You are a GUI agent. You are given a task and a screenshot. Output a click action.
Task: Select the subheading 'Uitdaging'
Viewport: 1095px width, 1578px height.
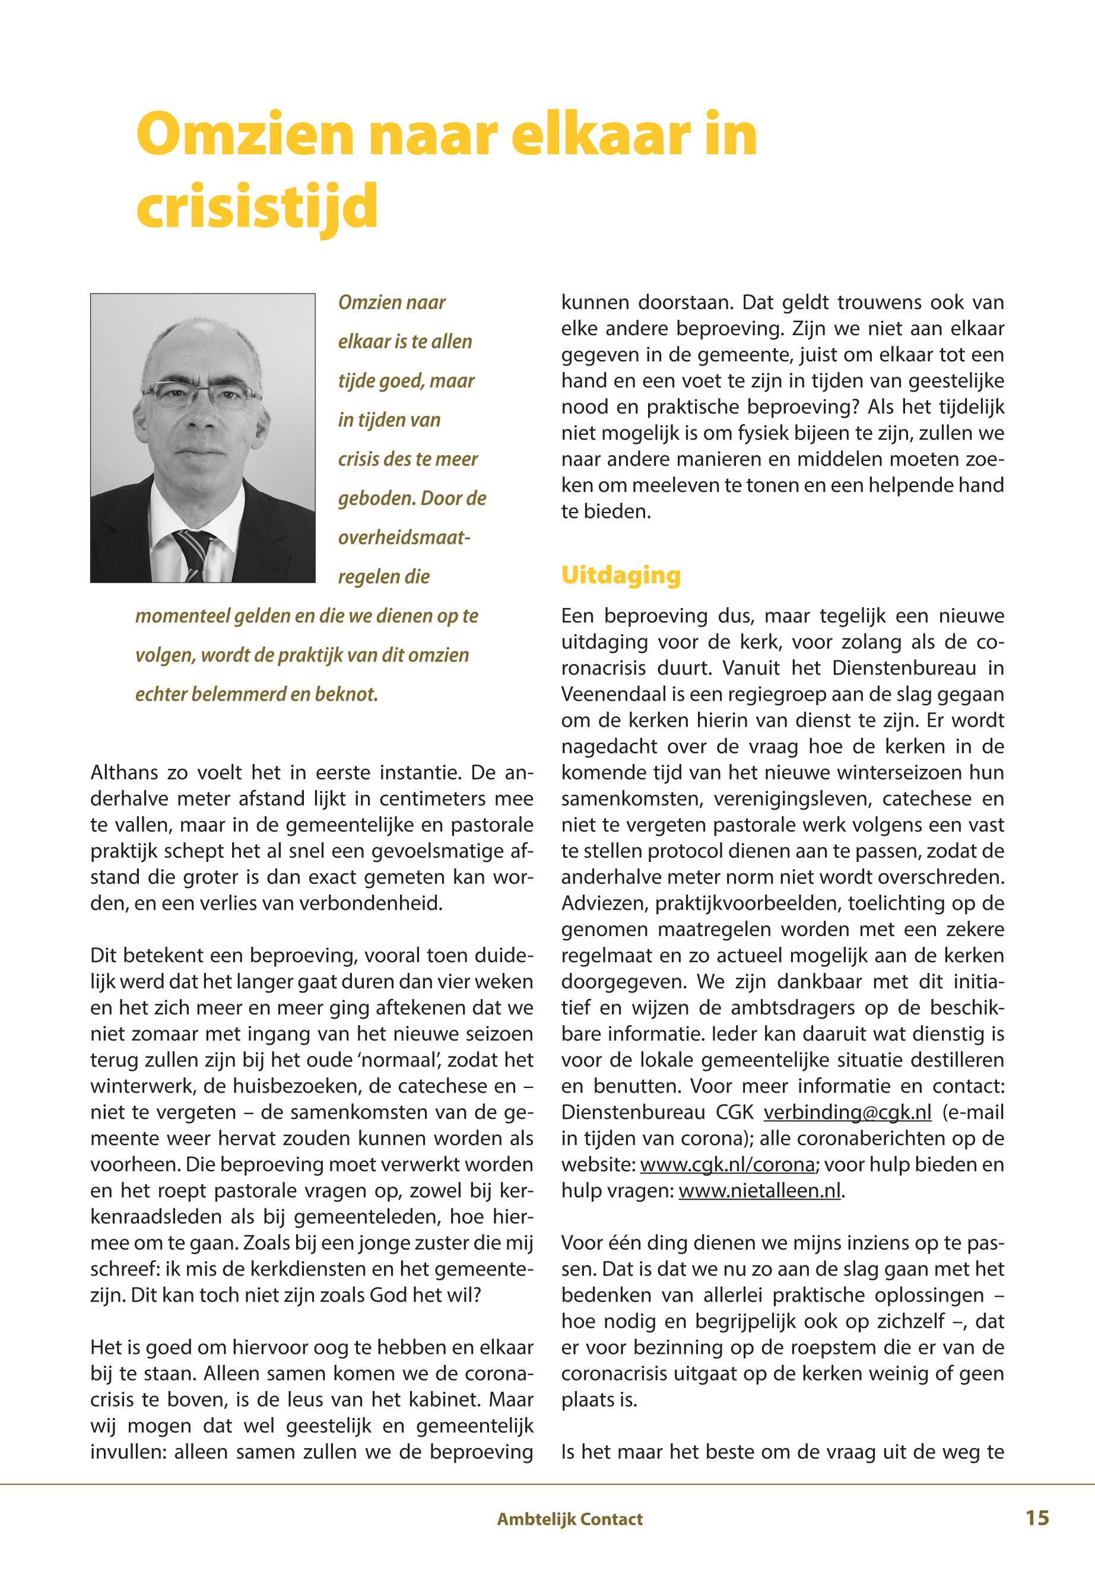click(x=620, y=575)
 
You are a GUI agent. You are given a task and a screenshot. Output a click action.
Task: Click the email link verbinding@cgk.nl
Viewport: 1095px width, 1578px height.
click(x=848, y=1112)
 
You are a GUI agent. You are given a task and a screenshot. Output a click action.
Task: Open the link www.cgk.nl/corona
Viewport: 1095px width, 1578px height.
click(x=727, y=1165)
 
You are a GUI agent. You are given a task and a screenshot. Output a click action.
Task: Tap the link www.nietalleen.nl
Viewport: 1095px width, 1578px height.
click(x=760, y=1191)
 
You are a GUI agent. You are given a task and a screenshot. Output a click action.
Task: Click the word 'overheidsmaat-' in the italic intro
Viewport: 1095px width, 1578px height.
click(x=404, y=537)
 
